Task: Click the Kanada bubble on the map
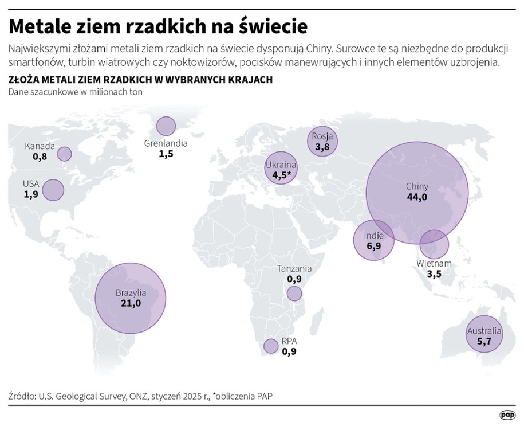[65, 154]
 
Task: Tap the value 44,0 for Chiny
[417, 197]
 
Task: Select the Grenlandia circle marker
[166, 126]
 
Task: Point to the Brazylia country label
[131, 292]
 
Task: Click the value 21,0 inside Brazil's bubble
[131, 303]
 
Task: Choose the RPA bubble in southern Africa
[271, 346]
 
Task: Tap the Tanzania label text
[294, 268]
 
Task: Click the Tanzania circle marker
[294, 294]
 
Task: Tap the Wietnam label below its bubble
[434, 264]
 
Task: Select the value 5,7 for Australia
[484, 342]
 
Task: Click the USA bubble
[53, 190]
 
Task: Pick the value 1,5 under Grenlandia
[166, 155]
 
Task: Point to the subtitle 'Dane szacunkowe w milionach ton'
[75, 92]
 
